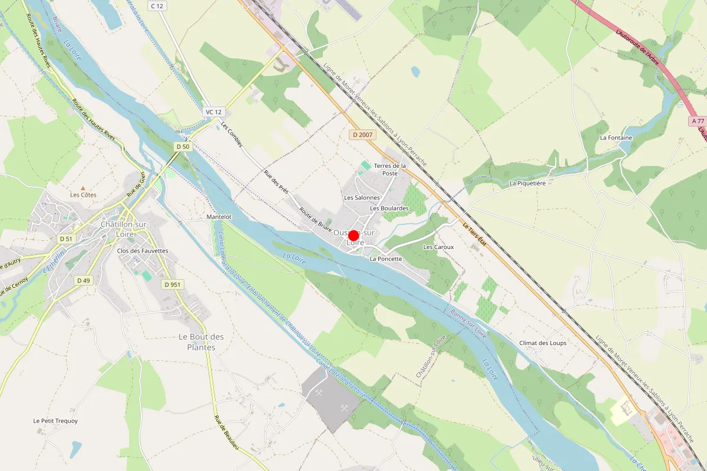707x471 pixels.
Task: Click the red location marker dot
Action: pyautogui.click(x=353, y=235)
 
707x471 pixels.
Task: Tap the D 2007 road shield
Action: pyautogui.click(x=363, y=135)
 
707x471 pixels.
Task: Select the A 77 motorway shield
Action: pyautogui.click(x=698, y=121)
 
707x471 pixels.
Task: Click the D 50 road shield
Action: pyautogui.click(x=183, y=146)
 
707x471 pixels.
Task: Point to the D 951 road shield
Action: pyautogui.click(x=173, y=284)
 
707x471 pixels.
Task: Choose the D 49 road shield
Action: pyautogui.click(x=84, y=280)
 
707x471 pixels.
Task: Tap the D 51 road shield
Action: pyautogui.click(x=65, y=238)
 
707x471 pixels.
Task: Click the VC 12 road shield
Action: pyautogui.click(x=213, y=112)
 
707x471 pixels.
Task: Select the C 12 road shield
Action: pyautogui.click(x=157, y=6)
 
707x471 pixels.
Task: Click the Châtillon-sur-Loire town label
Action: pyautogui.click(x=125, y=229)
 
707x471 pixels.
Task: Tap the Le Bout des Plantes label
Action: pyautogui.click(x=201, y=342)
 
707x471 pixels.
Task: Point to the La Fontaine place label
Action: pyautogui.click(x=616, y=138)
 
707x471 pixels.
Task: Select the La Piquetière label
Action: pyautogui.click(x=527, y=183)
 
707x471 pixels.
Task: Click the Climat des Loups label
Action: pyautogui.click(x=543, y=343)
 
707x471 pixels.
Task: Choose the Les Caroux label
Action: pyautogui.click(x=438, y=247)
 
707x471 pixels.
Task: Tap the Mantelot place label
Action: pyautogui.click(x=219, y=217)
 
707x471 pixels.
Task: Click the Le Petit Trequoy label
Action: pyautogui.click(x=55, y=421)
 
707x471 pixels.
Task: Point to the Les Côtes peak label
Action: pyautogui.click(x=83, y=194)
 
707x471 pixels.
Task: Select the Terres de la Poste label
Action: pyautogui.click(x=390, y=170)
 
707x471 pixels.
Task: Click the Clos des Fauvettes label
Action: pyautogui.click(x=143, y=251)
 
